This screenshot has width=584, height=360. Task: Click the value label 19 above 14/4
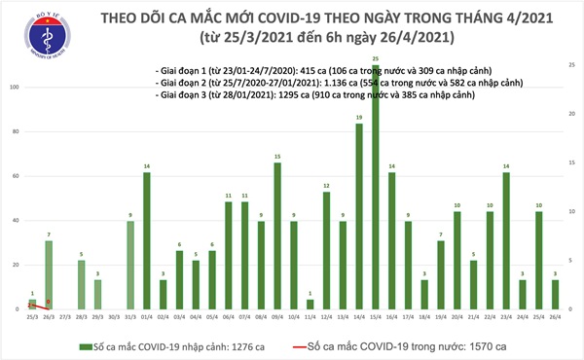click(359, 117)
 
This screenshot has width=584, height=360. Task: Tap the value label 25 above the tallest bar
click(376, 59)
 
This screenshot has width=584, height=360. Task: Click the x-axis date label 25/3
click(32, 317)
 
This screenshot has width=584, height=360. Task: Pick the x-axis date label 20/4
click(456, 317)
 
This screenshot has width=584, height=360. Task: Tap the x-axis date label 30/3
click(114, 317)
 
